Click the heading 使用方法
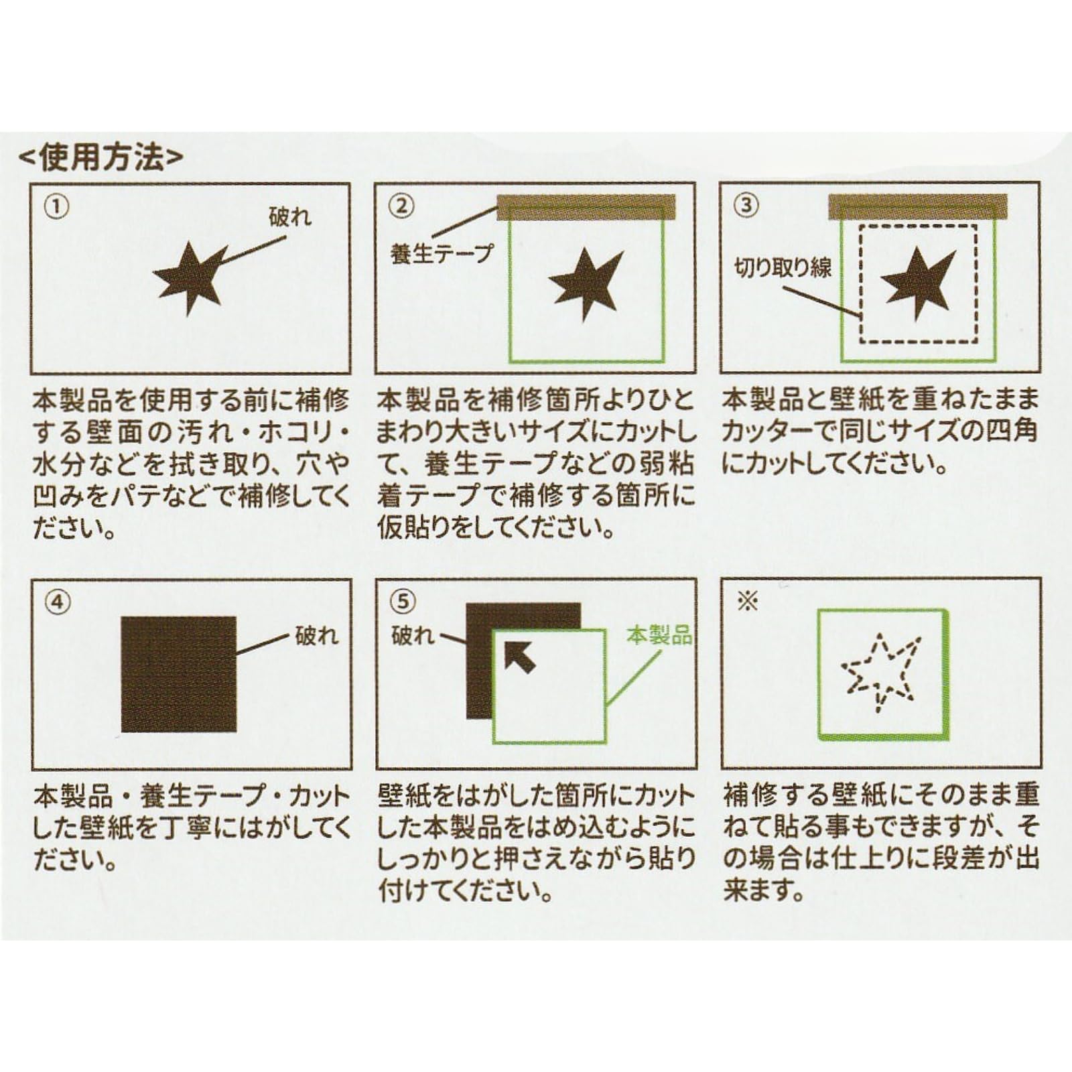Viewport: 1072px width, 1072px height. pos(100,158)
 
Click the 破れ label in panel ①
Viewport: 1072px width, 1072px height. pos(290,217)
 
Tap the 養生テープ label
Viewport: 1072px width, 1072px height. pos(441,254)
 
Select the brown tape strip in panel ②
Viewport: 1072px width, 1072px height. pos(586,208)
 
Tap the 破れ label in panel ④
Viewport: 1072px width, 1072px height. pos(316,635)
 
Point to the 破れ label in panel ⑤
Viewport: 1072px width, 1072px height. pos(413,634)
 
